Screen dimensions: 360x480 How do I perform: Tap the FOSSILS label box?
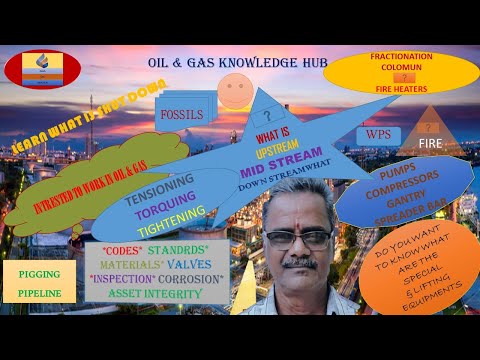pyautogui.click(x=182, y=114)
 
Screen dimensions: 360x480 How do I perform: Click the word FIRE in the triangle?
pyautogui.click(x=431, y=144)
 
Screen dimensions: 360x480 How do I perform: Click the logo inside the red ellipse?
pyautogui.click(x=42, y=69)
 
